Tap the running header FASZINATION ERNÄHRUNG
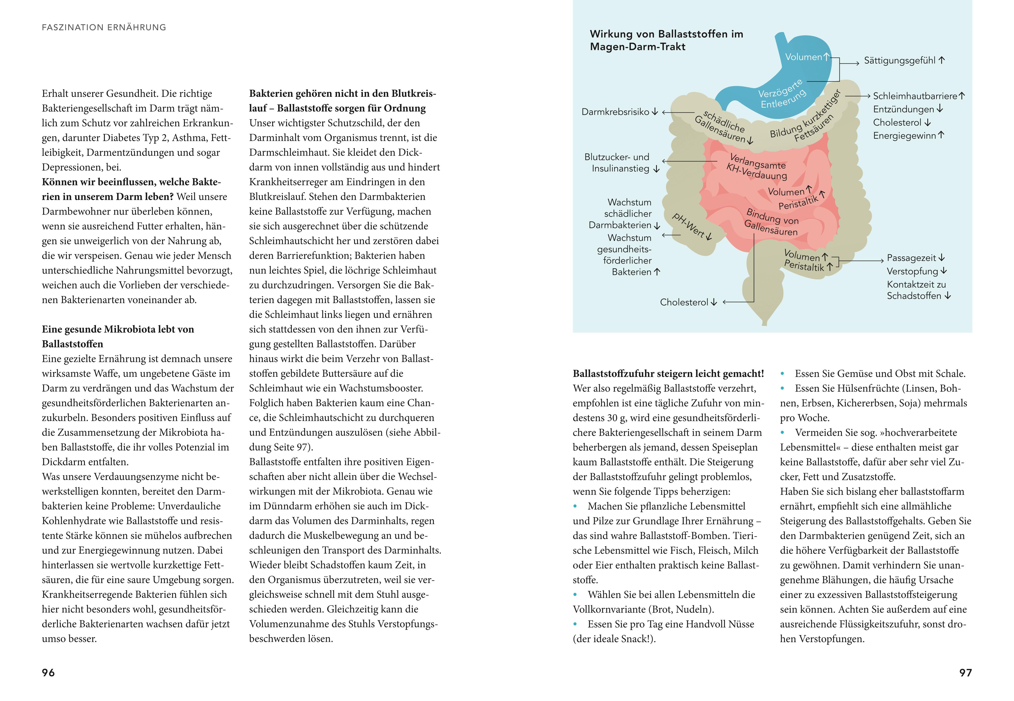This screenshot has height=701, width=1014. [104, 27]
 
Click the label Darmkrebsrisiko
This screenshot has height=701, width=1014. [615, 112]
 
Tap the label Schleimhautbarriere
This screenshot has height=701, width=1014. [915, 96]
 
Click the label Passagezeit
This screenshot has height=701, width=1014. [911, 258]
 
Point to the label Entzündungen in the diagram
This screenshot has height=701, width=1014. [903, 109]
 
